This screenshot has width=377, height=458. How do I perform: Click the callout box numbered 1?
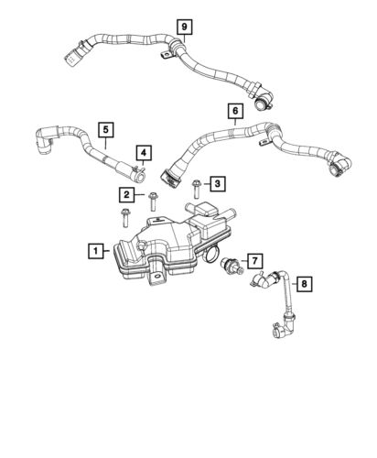coord(95,249)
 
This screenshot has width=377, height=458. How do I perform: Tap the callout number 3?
coord(217,184)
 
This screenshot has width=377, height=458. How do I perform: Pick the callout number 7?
coord(255,261)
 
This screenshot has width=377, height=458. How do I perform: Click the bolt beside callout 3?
coord(196,189)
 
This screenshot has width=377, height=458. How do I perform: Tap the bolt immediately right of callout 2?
coord(150,201)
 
